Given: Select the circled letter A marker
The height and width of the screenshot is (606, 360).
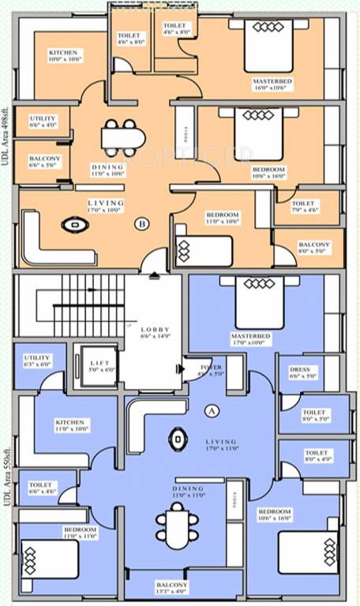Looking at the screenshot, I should coord(211,411).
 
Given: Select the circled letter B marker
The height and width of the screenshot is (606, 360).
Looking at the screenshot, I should coord(142,223).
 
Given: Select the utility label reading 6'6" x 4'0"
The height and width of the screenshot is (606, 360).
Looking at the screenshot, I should coord(43,121).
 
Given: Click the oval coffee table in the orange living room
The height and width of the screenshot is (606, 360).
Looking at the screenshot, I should coord(77,226).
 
